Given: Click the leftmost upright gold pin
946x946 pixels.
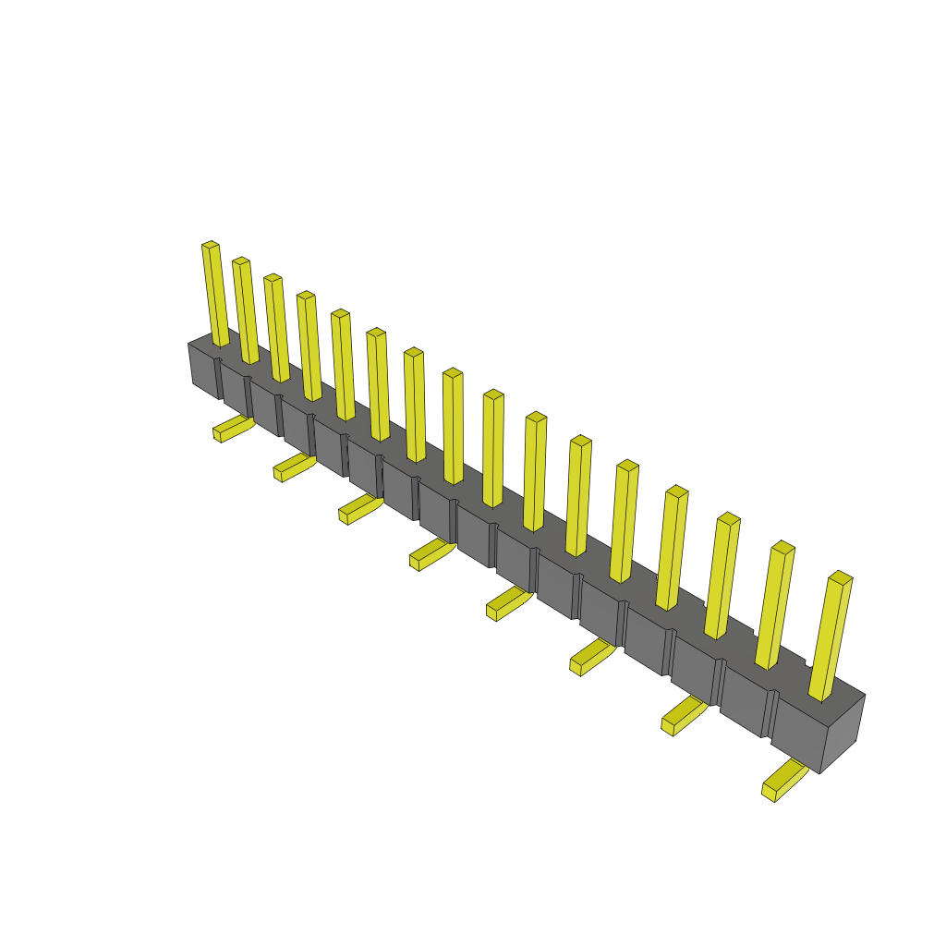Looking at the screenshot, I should (215, 296).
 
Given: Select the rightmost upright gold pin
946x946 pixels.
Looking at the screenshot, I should (831, 637).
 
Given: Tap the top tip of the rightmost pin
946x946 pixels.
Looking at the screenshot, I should (841, 577).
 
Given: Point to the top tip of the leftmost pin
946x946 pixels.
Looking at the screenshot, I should (211, 245).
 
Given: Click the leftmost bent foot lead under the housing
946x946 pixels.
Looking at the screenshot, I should (232, 430).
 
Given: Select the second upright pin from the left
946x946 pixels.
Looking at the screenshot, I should (246, 311).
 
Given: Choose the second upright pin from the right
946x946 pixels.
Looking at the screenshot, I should (775, 605).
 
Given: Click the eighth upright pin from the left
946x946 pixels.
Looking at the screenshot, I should (453, 426).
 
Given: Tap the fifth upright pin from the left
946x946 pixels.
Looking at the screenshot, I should (343, 365).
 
